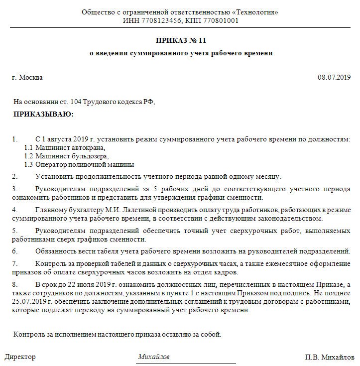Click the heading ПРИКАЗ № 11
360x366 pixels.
pyautogui.click(x=180, y=40)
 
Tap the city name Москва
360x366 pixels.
pyautogui.click(x=31, y=78)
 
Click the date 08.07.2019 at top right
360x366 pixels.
pyautogui.click(x=334, y=78)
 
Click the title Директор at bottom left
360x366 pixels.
pyautogui.click(x=20, y=358)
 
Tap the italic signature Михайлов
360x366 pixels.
pyautogui.click(x=153, y=358)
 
